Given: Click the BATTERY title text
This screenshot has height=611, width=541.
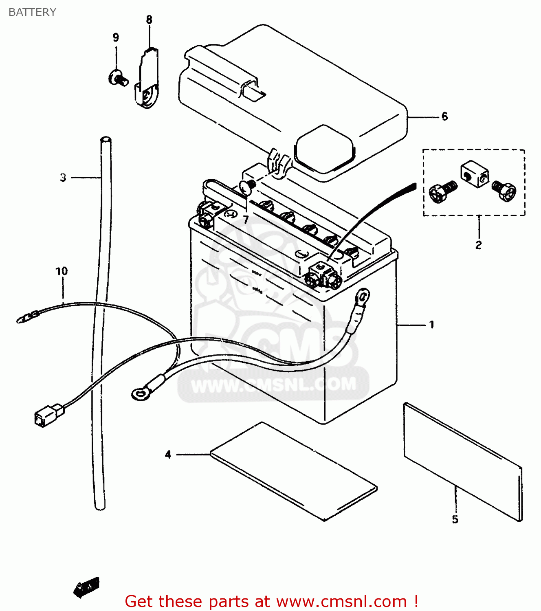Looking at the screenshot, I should pos(32,12).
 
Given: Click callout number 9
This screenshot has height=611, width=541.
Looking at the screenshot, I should pos(116,37).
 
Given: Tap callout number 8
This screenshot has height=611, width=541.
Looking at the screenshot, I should pos(149,20).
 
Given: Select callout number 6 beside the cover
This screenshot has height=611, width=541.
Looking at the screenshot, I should pos(444,116).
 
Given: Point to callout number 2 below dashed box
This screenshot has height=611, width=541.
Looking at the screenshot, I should pos(478,245).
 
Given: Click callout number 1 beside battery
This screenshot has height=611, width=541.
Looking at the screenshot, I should pos(431,325).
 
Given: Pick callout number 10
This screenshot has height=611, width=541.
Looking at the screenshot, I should pos(62,271).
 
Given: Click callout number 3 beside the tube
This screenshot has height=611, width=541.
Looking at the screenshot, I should pos(63,177).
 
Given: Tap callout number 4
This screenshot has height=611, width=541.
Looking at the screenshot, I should pos(168,454).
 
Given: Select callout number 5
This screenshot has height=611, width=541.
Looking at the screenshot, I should pos(455,519).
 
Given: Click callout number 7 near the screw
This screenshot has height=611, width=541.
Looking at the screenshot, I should pos(246,220).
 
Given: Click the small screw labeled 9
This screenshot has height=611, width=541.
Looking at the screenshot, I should pos(117,78).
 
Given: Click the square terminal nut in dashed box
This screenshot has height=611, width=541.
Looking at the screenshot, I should pos(475,174).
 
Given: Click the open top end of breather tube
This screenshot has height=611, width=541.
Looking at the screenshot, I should pos(106,140).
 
